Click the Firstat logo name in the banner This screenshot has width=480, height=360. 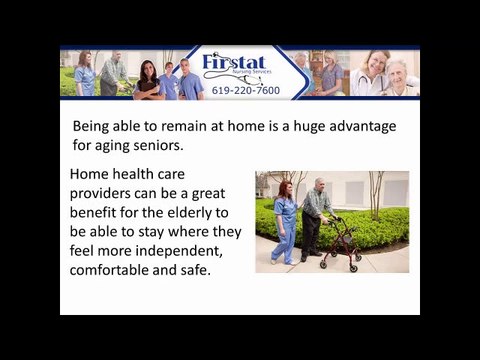[x=237, y=64]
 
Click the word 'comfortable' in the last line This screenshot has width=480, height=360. [x=113, y=269]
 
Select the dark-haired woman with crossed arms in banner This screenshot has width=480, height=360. [x=147, y=80]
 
